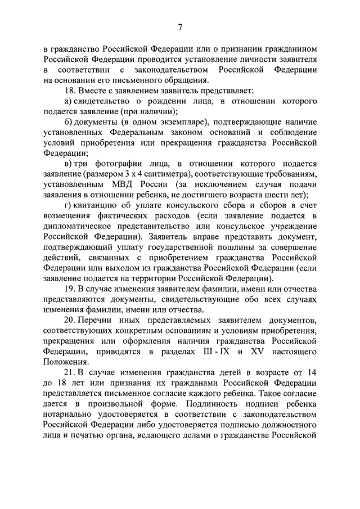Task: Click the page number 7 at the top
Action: point(180,27)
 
